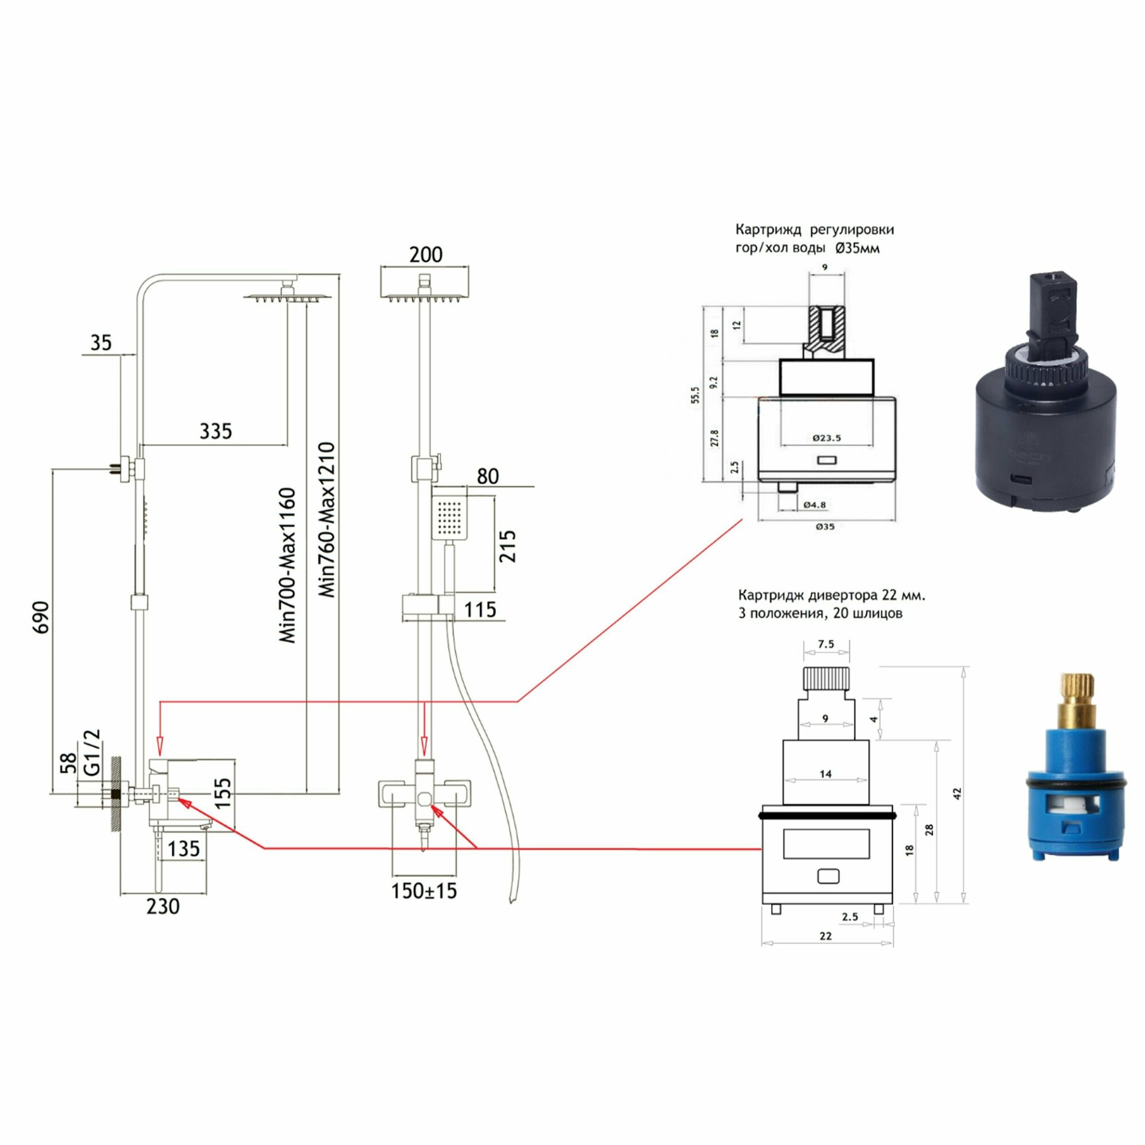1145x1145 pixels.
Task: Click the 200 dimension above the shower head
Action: point(425,255)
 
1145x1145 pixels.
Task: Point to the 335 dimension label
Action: point(216,431)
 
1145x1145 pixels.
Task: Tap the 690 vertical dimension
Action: point(41,617)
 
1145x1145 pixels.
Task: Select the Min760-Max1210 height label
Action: point(326,519)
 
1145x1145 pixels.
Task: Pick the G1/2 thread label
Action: point(92,753)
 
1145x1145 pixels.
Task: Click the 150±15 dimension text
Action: point(424,891)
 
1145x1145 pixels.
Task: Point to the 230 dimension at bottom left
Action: point(163,906)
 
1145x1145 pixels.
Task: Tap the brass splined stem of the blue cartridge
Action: point(1074,702)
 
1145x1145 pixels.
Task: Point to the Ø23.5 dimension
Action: point(827,438)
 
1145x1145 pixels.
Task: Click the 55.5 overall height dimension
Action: point(695,394)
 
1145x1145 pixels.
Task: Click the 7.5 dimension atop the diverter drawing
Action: point(826,644)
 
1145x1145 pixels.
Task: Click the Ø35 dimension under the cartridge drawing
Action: point(825,526)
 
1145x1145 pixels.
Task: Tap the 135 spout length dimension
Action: point(184,848)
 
